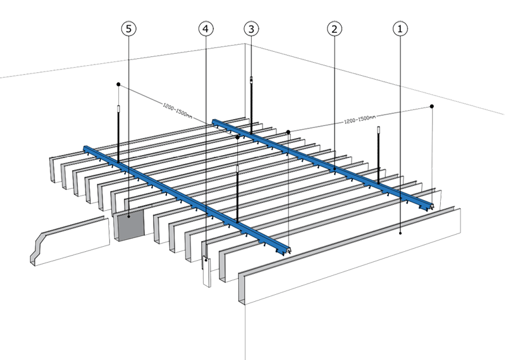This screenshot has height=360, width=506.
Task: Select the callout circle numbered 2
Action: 334,28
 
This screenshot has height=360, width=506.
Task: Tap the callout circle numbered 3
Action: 252,28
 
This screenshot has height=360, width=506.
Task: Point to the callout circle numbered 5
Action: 129,28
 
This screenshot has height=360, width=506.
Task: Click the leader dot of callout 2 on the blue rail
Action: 335,168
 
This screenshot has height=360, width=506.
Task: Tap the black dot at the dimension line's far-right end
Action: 431,107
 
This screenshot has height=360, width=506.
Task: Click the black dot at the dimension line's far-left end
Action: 118,84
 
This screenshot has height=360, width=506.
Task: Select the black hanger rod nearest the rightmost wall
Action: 379,158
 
